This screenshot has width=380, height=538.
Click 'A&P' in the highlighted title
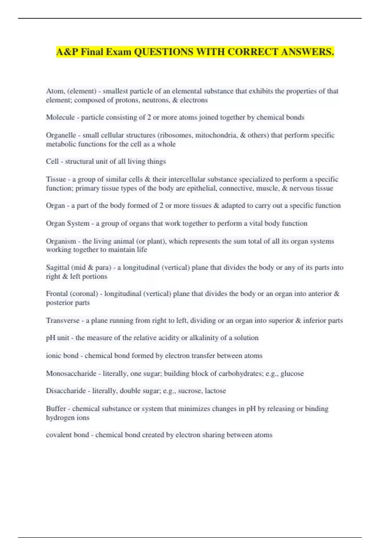(x=67, y=52)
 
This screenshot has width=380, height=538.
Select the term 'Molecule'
(x=60, y=117)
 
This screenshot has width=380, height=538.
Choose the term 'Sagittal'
(x=58, y=267)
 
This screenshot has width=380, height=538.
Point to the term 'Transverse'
(x=63, y=321)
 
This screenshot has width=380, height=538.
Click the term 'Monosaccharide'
(x=71, y=373)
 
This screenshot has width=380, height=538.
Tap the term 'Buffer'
(x=56, y=409)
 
